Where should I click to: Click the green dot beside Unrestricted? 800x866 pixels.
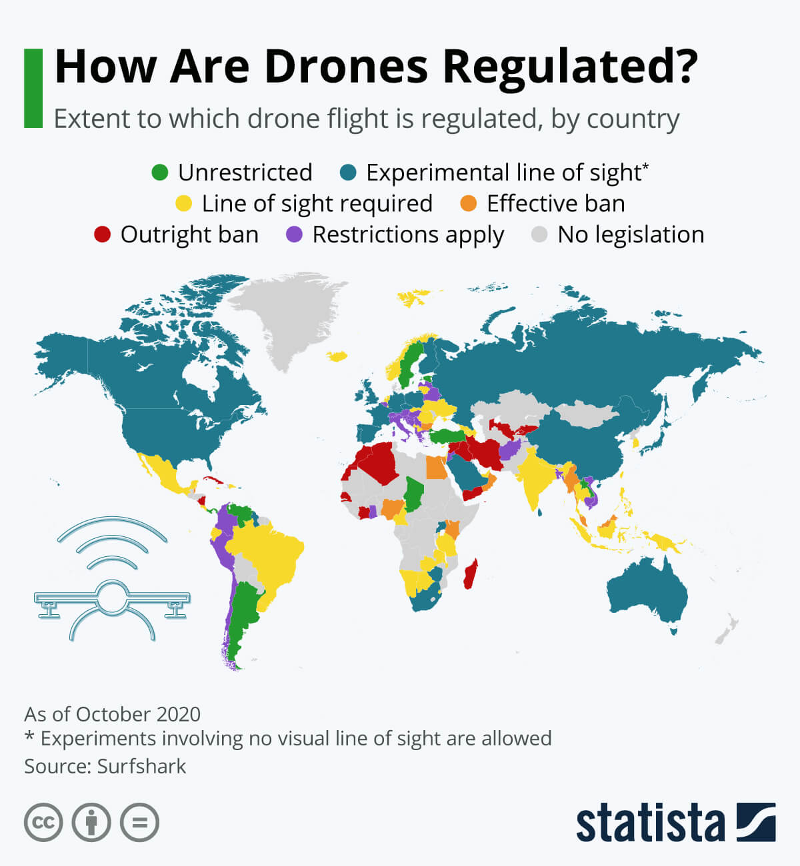(160, 173)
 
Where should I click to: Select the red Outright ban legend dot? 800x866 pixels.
(102, 234)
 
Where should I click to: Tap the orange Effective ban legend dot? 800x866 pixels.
(469, 203)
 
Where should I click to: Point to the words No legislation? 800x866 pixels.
(631, 234)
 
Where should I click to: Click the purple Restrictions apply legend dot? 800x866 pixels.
(294, 234)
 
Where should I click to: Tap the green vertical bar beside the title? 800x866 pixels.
(33, 88)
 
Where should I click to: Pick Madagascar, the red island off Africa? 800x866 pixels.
(470, 574)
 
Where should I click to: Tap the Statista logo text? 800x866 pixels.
(650, 823)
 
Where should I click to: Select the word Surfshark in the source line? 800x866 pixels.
(141, 766)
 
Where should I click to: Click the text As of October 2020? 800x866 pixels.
(112, 714)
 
